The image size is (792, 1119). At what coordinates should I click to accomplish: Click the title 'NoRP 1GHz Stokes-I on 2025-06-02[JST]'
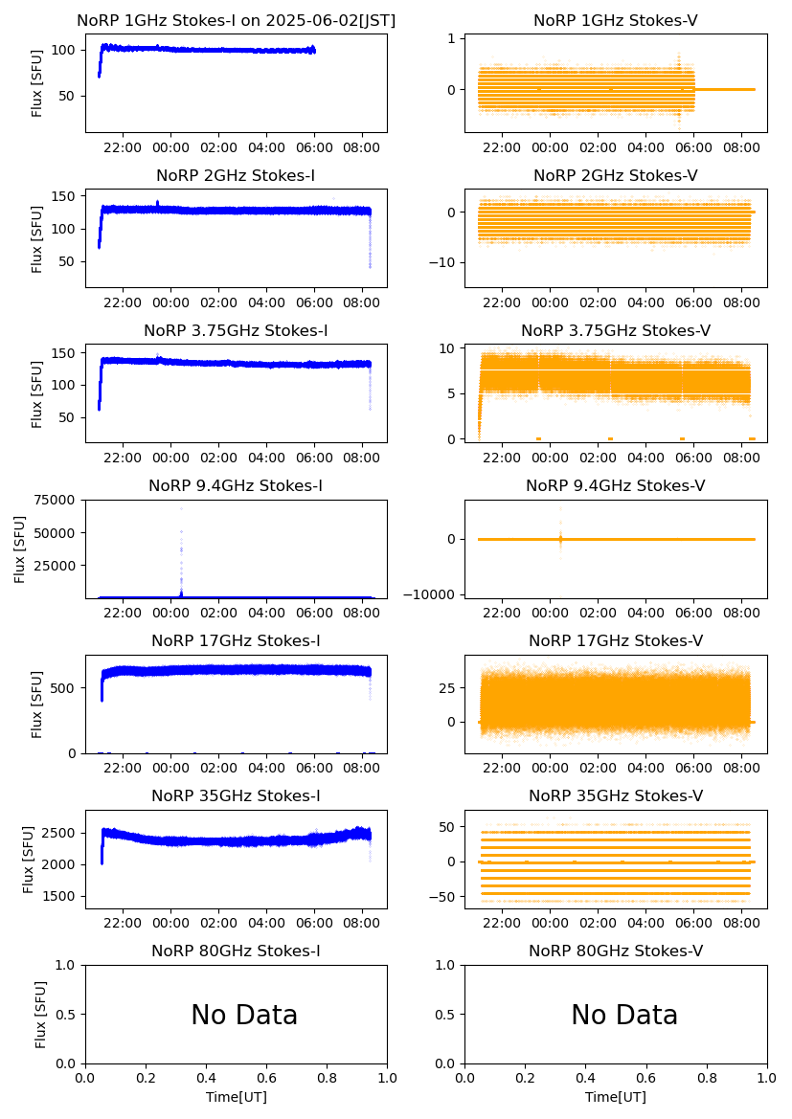click(236, 20)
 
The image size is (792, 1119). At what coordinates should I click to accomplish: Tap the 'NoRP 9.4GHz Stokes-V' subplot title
click(616, 485)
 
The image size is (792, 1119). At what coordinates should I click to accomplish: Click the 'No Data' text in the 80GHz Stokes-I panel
click(244, 1015)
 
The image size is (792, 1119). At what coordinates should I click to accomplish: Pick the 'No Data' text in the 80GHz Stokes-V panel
click(624, 1015)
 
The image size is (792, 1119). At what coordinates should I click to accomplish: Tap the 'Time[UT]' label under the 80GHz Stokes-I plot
click(236, 1097)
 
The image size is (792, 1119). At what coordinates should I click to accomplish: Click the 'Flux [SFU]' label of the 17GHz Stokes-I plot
click(37, 705)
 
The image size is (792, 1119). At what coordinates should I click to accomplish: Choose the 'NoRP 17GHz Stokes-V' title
click(616, 640)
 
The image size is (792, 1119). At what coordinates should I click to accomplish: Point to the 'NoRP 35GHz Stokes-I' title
click(236, 795)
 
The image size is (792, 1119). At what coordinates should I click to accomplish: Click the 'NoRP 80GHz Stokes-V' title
click(616, 951)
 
